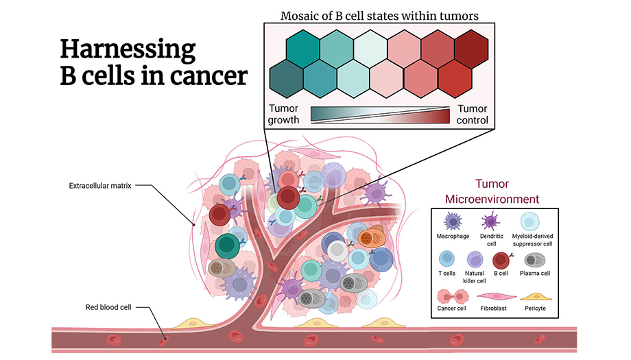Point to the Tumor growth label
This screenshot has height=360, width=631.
point(284,115)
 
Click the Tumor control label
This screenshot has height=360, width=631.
point(472,115)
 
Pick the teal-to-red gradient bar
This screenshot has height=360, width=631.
point(379,115)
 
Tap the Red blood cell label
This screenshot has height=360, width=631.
point(108,307)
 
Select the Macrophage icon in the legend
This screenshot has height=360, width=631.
point(452,221)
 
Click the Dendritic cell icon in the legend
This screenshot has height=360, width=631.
point(490,221)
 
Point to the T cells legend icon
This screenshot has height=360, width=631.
point(447,259)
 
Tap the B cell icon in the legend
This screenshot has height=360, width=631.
point(503,259)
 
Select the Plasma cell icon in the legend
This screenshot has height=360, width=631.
point(534,259)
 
